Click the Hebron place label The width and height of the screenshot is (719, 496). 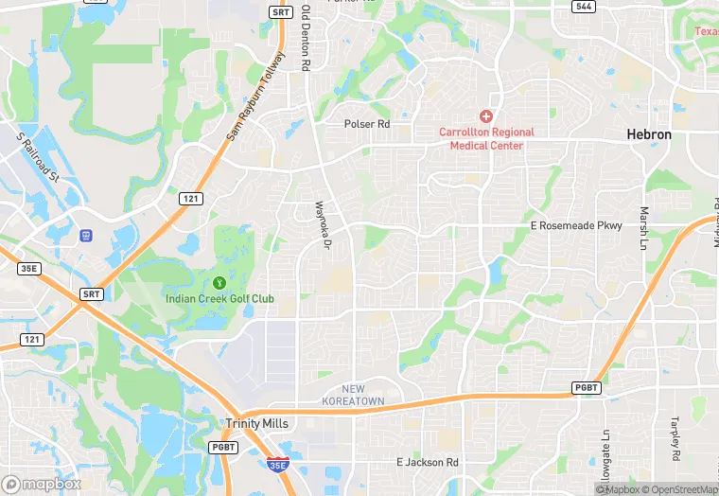click(649, 134)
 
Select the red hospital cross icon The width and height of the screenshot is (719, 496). click(486, 116)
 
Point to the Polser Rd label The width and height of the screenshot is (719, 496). click(367, 124)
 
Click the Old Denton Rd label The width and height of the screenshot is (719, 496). click(306, 39)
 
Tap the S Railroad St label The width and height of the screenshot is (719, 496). click(38, 156)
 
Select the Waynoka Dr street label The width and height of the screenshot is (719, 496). click(322, 224)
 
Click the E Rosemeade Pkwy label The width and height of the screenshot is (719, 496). click(576, 225)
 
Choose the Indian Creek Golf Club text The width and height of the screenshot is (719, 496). click(219, 299)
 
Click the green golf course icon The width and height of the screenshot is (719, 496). click(219, 281)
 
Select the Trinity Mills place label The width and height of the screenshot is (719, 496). click(255, 423)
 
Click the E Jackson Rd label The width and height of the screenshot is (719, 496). click(427, 462)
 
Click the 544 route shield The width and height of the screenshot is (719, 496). click(584, 7)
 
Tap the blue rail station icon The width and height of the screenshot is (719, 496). click(86, 235)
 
